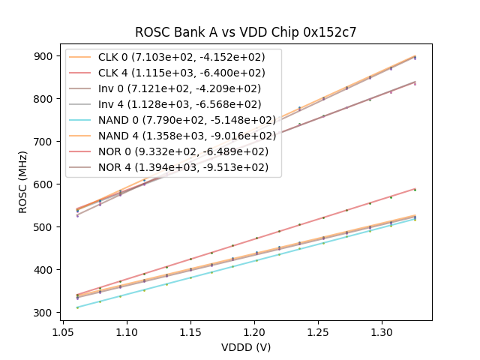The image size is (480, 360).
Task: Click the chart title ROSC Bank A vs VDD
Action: (x=245, y=32)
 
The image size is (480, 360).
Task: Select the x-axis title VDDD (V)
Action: (x=246, y=347)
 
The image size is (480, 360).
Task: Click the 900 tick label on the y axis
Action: (x=43, y=56)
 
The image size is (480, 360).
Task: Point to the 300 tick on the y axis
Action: (x=43, y=313)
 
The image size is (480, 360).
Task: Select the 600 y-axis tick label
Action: (x=43, y=184)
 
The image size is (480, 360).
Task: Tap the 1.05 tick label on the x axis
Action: (x=62, y=331)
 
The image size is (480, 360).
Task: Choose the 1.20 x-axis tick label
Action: (x=254, y=331)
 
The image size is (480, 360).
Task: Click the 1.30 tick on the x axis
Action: (x=382, y=331)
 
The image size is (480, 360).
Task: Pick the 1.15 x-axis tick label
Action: (x=190, y=331)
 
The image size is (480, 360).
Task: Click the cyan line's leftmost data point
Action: (x=77, y=307)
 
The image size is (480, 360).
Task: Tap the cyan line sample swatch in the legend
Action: (x=82, y=120)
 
